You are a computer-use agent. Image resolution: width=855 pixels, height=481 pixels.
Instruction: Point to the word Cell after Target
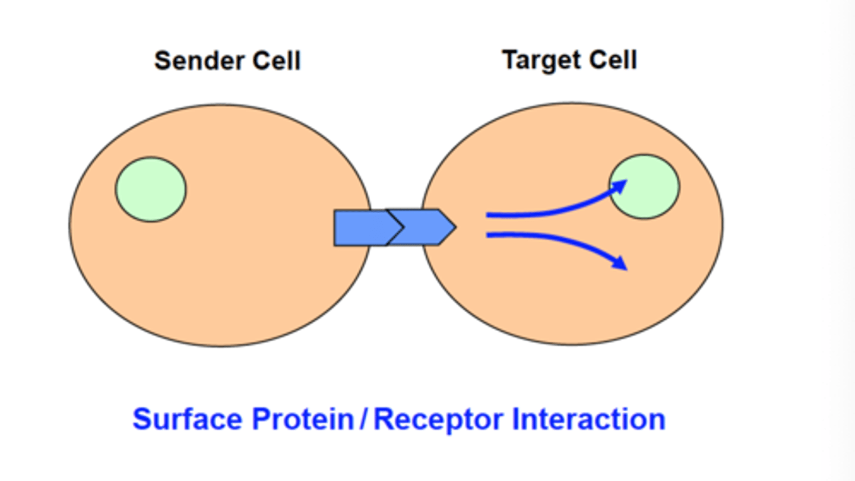(613, 60)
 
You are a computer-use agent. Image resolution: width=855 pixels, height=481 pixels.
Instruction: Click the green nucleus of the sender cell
(150, 189)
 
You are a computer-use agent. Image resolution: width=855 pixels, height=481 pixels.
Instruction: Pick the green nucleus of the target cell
(645, 187)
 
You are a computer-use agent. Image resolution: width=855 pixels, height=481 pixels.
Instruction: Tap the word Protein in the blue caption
(302, 419)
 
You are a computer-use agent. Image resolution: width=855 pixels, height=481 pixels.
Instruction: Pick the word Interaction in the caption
(588, 419)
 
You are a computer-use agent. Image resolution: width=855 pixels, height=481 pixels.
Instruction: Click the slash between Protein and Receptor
(363, 419)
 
